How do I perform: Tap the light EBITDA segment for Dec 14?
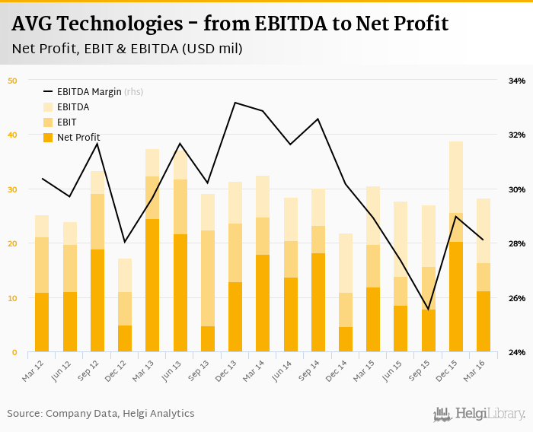pyautogui.click(x=346, y=263)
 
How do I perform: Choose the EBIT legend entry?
pyautogui.click(x=66, y=122)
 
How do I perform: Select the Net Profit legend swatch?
pyautogui.click(x=48, y=137)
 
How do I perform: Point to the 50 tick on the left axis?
pyautogui.click(x=12, y=80)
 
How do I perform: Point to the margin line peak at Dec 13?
pyautogui.click(x=235, y=103)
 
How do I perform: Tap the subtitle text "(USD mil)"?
pyautogui.click(x=212, y=49)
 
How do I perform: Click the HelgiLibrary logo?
pyautogui.click(x=479, y=414)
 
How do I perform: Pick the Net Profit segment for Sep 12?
pyautogui.click(x=97, y=300)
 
